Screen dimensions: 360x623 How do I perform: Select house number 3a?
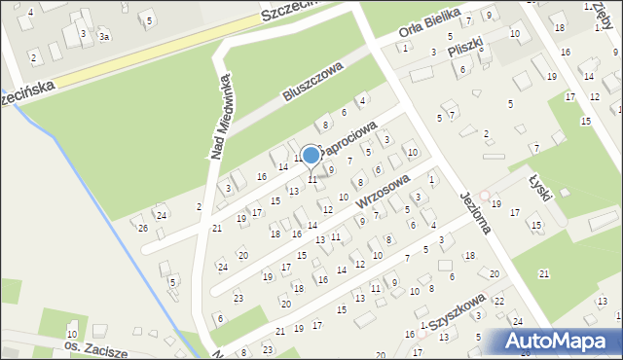tap(103, 36)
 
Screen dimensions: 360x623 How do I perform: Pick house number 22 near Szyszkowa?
tap(498, 302)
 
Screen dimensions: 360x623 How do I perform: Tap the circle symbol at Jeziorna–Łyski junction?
tap(485, 196)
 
